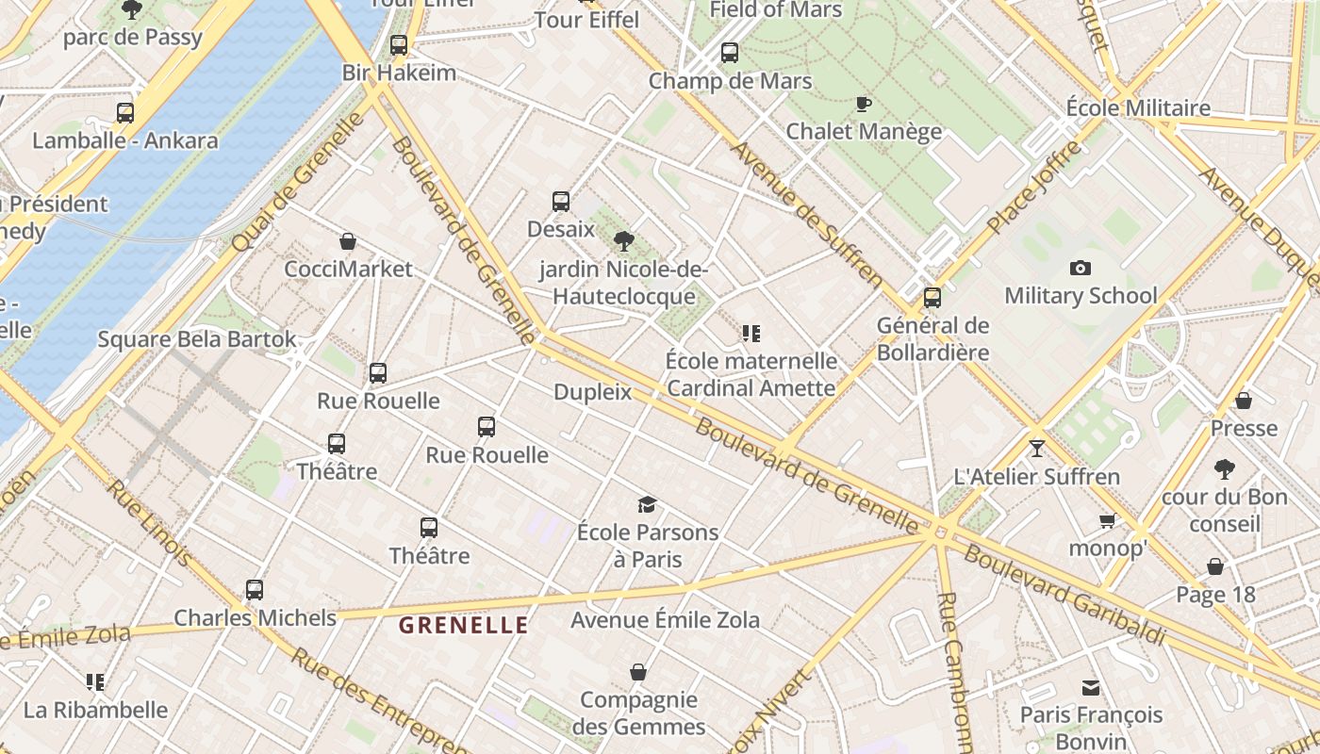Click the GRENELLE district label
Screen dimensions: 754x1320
coord(463,625)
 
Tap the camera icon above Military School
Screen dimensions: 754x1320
coord(1081,269)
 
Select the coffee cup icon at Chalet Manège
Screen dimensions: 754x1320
coord(863,104)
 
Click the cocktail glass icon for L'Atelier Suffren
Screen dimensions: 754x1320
coord(1037,449)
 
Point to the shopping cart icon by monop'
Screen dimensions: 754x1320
coord(1108,520)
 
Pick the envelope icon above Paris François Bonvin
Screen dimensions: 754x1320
coord(1091,688)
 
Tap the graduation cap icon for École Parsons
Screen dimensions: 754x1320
coord(647,505)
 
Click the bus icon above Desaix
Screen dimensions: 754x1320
coord(561,202)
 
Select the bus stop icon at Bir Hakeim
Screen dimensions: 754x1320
coord(399,45)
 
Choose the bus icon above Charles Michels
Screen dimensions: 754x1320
coord(255,590)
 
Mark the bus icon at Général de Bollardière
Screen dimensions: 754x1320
coord(932,298)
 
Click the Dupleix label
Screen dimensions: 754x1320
coord(592,392)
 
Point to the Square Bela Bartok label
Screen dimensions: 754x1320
coord(197,339)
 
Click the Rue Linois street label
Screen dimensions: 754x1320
coord(151,524)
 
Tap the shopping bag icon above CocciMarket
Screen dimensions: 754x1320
coord(348,242)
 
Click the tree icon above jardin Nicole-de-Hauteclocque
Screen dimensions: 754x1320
coord(623,241)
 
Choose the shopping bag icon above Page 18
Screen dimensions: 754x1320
coord(1215,566)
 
